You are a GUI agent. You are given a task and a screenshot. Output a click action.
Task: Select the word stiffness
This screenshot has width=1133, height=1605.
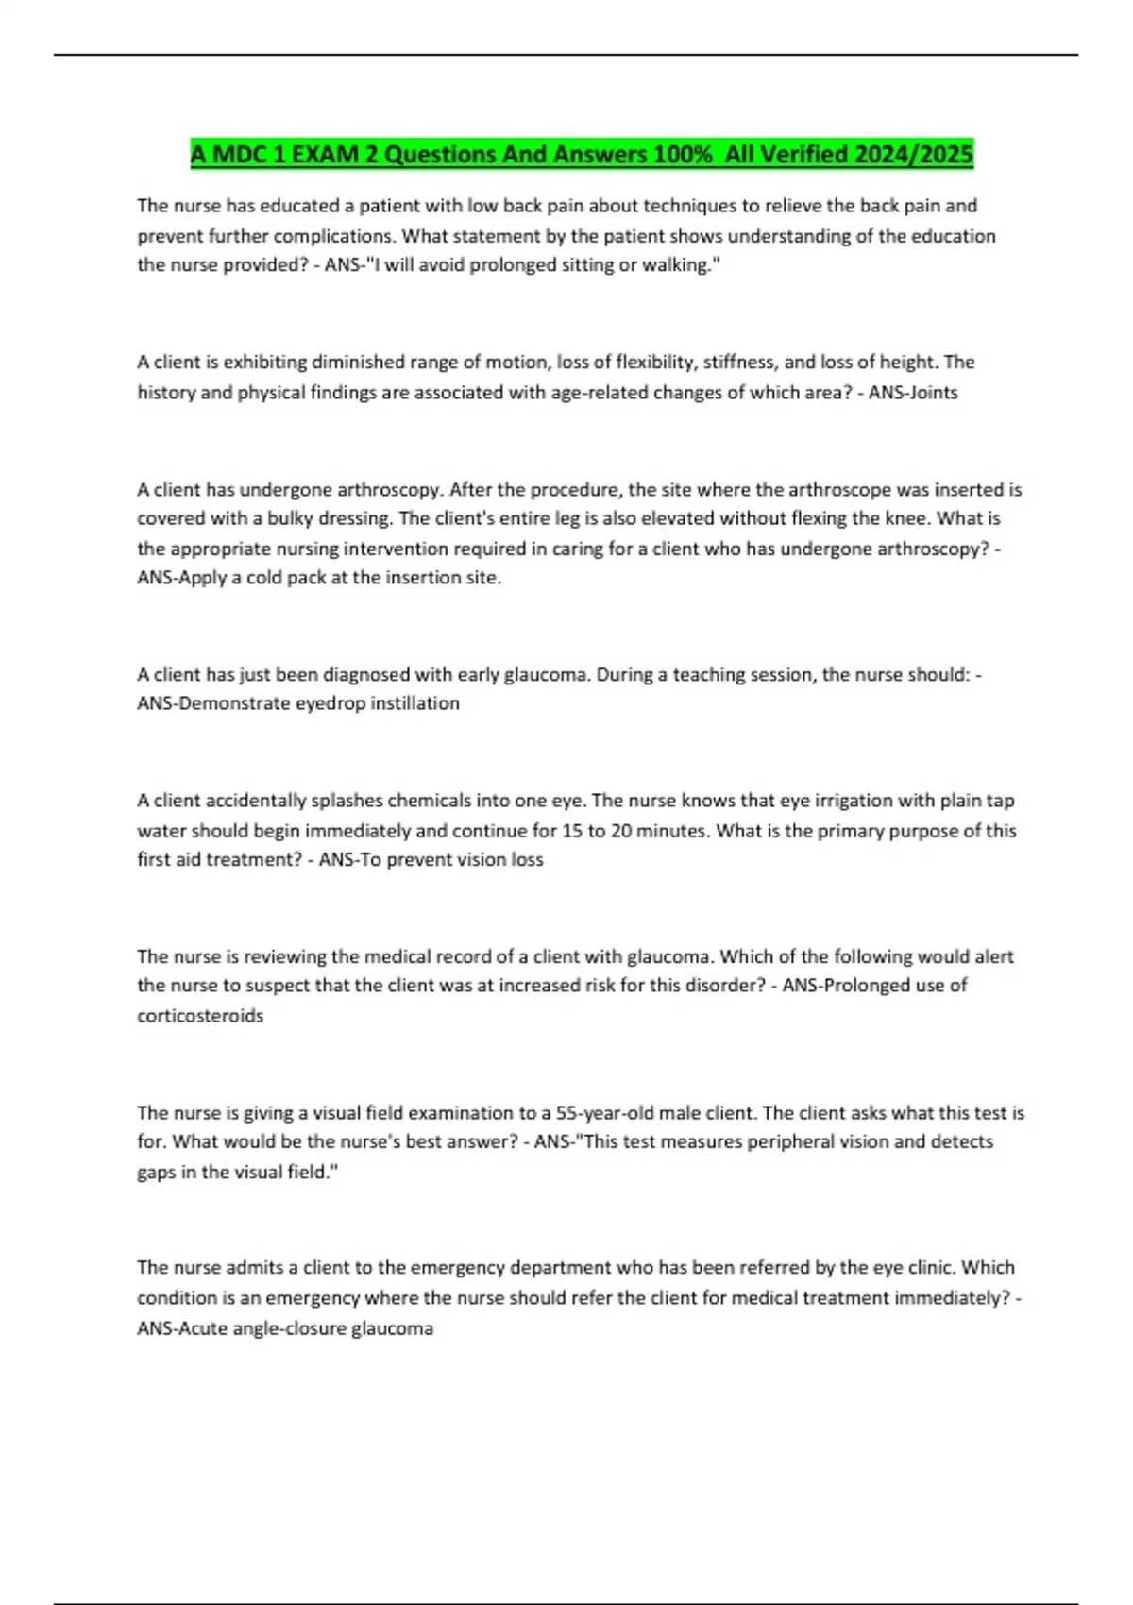(739, 363)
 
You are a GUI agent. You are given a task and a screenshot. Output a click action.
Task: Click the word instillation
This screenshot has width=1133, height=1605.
(414, 703)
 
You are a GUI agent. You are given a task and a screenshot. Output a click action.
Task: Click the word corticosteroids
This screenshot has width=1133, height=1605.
(200, 1016)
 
